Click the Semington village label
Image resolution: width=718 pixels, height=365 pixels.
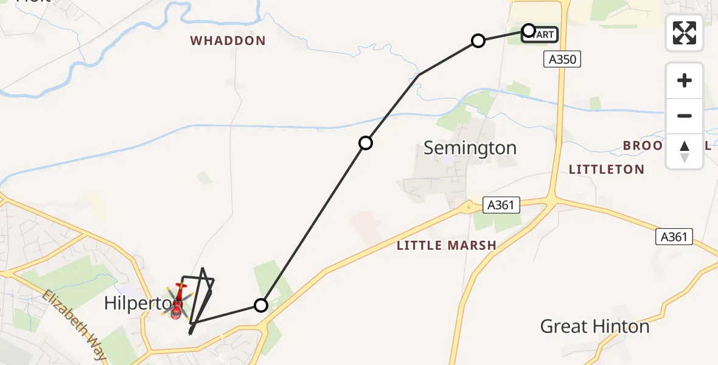[x=470, y=148]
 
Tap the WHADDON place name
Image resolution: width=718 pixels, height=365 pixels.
[x=228, y=41]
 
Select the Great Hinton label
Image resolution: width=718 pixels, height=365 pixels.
[x=594, y=327]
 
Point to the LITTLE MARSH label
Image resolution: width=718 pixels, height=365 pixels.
[x=446, y=246]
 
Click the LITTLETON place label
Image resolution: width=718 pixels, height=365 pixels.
[x=606, y=169]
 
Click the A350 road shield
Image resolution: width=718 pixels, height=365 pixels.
[x=562, y=59]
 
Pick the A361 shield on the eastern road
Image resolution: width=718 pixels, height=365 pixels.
[x=674, y=237]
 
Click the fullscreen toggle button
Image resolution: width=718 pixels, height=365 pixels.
[x=685, y=33]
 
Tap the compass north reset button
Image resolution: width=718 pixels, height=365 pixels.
[x=685, y=151]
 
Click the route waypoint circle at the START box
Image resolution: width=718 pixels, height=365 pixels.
[x=529, y=30]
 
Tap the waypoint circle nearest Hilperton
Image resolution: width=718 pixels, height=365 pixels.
[x=261, y=305]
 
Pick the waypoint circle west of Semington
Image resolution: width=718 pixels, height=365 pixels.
[x=366, y=143]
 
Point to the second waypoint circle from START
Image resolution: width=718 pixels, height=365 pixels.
[x=478, y=41]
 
